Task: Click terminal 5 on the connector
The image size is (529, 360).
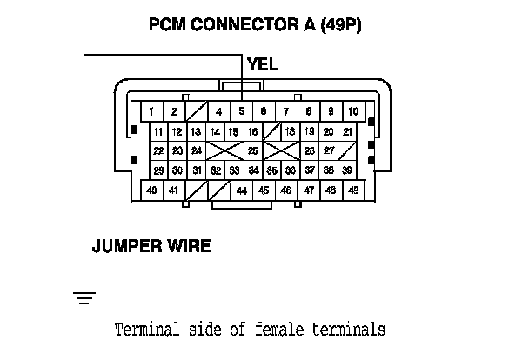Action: coord(241,111)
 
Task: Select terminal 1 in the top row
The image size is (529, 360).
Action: coord(151,111)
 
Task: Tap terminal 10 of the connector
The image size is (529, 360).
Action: coord(353,111)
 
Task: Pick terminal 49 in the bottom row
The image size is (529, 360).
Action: coord(353,189)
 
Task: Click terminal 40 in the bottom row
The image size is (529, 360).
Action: coord(151,189)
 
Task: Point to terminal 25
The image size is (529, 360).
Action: coord(252,150)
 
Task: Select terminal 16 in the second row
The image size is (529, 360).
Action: coord(252,131)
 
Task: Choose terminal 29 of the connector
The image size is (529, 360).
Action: coord(158,170)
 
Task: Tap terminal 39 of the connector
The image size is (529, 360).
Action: coord(347,170)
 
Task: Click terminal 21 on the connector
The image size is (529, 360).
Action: coord(347,131)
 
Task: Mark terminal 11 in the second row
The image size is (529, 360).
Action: coord(158,131)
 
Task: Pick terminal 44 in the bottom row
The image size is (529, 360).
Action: coord(241,190)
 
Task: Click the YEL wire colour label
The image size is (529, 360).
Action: coord(262,64)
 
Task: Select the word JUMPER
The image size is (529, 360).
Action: coord(124,246)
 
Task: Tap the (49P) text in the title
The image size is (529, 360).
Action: coord(340,24)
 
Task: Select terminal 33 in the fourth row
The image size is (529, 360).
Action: coord(234,170)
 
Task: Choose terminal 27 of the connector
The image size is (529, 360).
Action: coord(329,150)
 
